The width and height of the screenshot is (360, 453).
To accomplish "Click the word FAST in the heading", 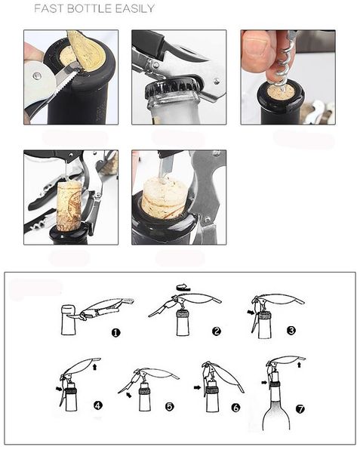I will (x=51, y=8).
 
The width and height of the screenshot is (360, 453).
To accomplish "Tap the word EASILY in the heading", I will (x=134, y=8).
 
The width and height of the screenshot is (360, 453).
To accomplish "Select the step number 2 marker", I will (x=216, y=331).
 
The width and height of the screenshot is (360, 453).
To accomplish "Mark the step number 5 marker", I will (x=169, y=406).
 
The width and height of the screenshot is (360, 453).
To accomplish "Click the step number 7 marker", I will (x=300, y=410).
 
